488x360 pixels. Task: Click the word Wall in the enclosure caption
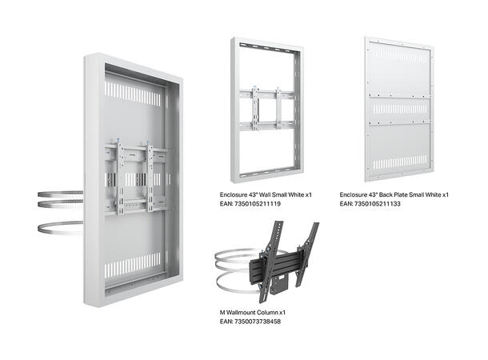pyautogui.click(x=273, y=194)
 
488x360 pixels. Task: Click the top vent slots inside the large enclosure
pyautogui.click(x=133, y=94)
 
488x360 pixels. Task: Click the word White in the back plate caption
pyautogui.click(x=432, y=194)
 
